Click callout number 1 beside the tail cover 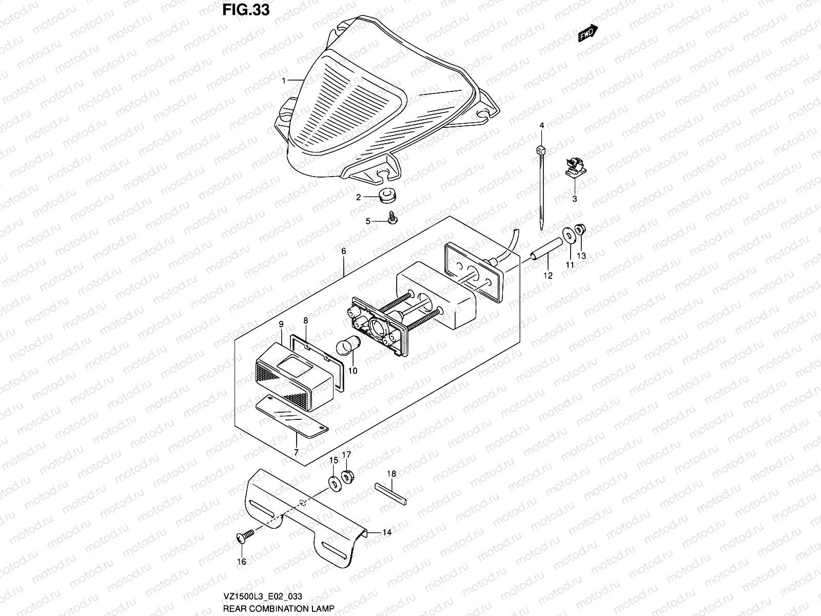[283, 81]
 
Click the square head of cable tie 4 [541, 150]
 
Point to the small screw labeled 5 [393, 219]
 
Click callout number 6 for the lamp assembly [343, 251]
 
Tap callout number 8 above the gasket [305, 321]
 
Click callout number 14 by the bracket [387, 533]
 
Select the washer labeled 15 [335, 483]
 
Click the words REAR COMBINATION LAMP [279, 608]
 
